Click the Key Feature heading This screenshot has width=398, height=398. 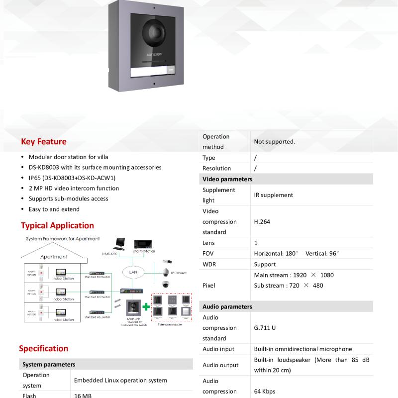(44, 142)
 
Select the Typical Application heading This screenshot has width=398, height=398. (57, 226)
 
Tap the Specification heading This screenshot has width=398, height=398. (44, 349)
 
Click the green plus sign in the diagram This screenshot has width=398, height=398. (147, 306)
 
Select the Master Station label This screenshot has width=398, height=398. (145, 252)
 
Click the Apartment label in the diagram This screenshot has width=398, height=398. (54, 257)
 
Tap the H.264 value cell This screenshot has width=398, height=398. (262, 222)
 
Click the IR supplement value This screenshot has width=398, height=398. (274, 196)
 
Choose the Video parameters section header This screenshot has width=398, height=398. (227, 179)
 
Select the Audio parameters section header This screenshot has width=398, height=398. (227, 307)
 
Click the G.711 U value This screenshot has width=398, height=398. (265, 328)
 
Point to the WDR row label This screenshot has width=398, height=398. (209, 265)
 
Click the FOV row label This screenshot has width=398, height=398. (208, 254)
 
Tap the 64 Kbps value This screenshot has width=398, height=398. (265, 392)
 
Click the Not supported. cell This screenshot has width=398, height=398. (275, 142)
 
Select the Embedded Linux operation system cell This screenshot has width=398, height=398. (120, 381)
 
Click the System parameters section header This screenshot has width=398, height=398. (49, 365)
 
